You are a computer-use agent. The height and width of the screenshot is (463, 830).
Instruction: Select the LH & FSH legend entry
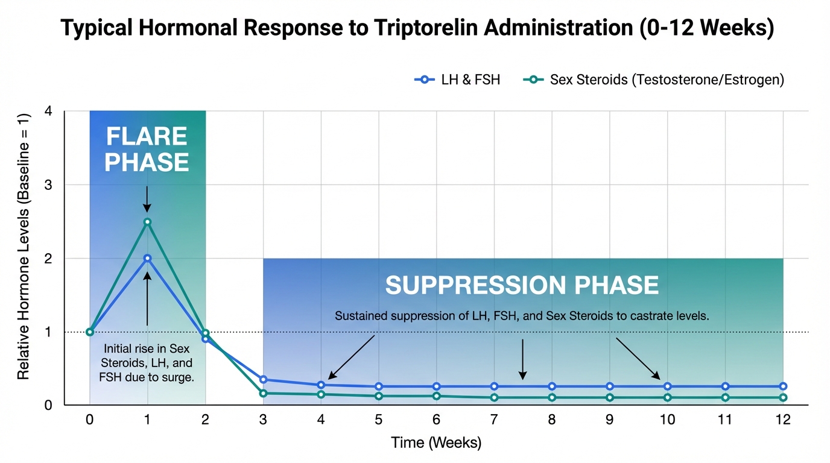coord(458,80)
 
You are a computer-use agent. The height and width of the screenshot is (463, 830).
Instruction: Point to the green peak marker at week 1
coord(147,222)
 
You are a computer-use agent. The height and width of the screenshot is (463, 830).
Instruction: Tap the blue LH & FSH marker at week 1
coord(147,258)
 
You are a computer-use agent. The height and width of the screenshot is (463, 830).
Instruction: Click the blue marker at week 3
coord(263,379)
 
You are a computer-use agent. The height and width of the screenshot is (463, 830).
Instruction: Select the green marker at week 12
coord(783,397)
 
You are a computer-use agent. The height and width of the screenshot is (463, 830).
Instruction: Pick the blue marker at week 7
coord(494,386)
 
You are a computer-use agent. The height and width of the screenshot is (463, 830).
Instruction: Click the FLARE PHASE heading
coord(147,150)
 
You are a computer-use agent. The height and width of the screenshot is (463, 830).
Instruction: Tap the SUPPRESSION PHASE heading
coord(522,285)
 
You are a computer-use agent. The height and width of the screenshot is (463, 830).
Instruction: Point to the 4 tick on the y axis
coord(49,112)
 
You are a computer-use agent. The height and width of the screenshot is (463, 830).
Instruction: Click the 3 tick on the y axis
coord(49,185)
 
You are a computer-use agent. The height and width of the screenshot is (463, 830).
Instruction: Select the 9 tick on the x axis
coord(609,420)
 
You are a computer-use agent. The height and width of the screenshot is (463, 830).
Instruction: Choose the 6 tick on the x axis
coord(436,420)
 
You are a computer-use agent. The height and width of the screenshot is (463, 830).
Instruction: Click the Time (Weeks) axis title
coord(436,443)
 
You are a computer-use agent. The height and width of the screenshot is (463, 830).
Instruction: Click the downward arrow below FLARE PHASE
coord(147,199)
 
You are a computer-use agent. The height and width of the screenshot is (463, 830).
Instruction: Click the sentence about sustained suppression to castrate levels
coord(522,315)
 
